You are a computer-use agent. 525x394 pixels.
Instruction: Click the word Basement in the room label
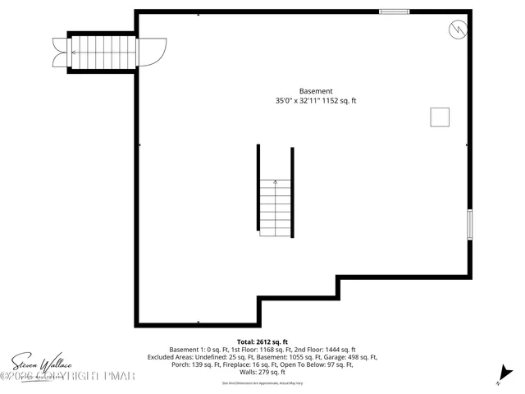pyautogui.click(x=316, y=91)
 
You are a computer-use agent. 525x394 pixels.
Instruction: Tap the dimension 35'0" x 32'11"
pyautogui.click(x=295, y=101)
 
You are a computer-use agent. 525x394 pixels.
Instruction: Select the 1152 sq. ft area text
pyautogui.click(x=338, y=101)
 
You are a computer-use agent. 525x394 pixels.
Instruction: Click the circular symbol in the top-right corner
pyautogui.click(x=457, y=30)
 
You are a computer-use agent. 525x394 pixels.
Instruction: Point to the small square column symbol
pyautogui.click(x=441, y=117)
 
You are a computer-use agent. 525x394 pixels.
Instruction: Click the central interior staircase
pyautogui.click(x=275, y=208)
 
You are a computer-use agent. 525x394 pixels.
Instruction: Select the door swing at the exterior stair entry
pyautogui.click(x=153, y=53)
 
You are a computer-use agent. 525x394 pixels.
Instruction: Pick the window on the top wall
pyautogui.click(x=394, y=11)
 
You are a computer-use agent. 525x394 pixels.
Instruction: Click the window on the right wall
pyautogui.click(x=470, y=224)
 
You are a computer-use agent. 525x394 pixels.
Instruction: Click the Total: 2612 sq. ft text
pyautogui.click(x=262, y=341)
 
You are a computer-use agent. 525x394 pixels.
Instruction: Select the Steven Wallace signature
pyautogui.click(x=41, y=361)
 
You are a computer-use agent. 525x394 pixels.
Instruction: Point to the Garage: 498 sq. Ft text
pyautogui.click(x=348, y=357)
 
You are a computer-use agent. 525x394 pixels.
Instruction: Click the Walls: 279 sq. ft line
pyautogui.click(x=262, y=373)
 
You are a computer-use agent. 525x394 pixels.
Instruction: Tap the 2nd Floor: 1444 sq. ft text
pyautogui.click(x=326, y=350)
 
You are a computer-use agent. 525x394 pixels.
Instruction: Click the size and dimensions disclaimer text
pyautogui.click(x=262, y=383)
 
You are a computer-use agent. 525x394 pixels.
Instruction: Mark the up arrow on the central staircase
pyautogui.click(x=275, y=182)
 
